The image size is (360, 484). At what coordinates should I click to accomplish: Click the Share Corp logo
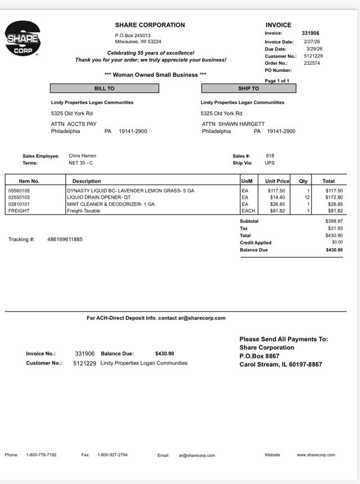click(22, 39)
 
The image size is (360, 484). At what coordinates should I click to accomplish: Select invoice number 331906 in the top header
click(310, 33)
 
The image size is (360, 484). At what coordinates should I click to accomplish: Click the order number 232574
click(312, 63)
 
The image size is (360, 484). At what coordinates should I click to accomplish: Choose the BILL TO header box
click(104, 88)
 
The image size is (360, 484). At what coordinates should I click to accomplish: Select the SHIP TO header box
click(248, 88)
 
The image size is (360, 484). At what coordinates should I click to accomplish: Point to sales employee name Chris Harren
click(82, 156)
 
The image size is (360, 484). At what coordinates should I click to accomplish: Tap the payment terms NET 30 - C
click(80, 163)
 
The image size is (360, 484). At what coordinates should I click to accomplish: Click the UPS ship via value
click(269, 163)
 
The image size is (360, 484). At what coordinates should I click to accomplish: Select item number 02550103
click(19, 198)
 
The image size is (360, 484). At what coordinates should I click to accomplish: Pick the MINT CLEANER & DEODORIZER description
click(110, 204)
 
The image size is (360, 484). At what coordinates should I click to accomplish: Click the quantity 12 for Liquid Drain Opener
click(307, 198)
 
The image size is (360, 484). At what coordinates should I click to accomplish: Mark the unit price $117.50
click(276, 191)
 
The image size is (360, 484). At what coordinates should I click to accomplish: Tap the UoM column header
click(246, 181)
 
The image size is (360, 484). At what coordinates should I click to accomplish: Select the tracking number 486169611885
click(65, 239)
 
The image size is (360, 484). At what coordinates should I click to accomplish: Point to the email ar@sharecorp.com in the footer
click(197, 455)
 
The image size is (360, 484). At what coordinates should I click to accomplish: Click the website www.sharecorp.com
click(316, 455)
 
